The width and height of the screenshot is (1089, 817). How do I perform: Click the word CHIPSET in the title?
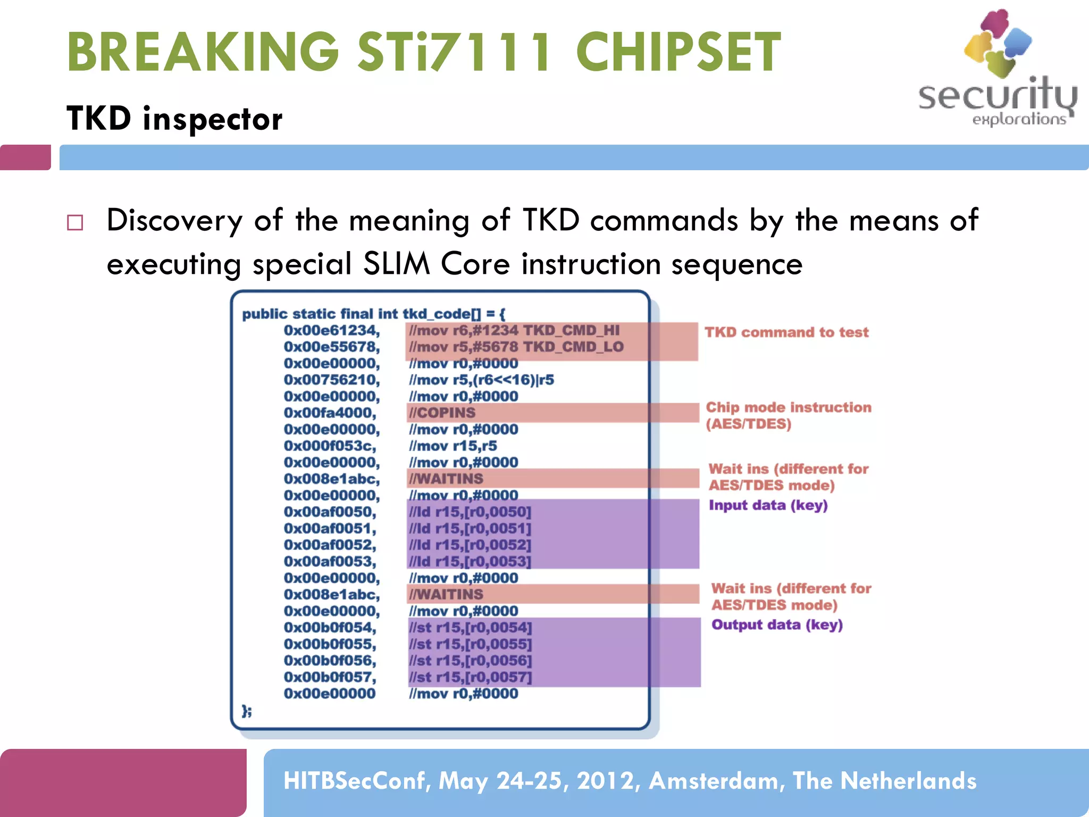pyautogui.click(x=678, y=52)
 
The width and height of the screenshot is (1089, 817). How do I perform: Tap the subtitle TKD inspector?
pyautogui.click(x=174, y=118)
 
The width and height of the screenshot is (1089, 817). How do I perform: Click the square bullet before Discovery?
pyautogui.click(x=75, y=222)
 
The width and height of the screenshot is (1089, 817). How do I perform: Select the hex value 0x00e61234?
pyautogui.click(x=331, y=330)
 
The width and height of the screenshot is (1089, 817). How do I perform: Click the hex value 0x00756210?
pyautogui.click(x=331, y=380)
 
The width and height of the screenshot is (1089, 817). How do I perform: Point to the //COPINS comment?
pyautogui.click(x=442, y=413)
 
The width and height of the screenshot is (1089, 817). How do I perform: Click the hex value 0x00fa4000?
pyautogui.click(x=330, y=413)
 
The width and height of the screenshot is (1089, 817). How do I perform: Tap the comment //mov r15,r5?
pyautogui.click(x=453, y=446)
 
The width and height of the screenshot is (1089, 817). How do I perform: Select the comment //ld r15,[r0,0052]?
pyautogui.click(x=470, y=545)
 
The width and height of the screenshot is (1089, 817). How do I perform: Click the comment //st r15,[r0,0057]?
pyautogui.click(x=470, y=677)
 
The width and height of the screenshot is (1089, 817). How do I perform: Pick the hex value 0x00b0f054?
pyautogui.click(x=330, y=628)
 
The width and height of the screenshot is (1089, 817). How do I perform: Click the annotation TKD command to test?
pyautogui.click(x=786, y=332)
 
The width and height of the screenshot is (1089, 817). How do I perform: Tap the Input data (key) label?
pyautogui.click(x=768, y=505)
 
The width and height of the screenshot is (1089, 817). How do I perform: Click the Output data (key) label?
pyautogui.click(x=777, y=625)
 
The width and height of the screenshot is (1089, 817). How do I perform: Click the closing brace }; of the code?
pyautogui.click(x=247, y=711)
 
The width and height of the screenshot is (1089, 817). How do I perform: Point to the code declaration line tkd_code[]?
pyautogui.click(x=373, y=314)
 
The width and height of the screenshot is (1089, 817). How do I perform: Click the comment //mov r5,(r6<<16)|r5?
pyautogui.click(x=481, y=380)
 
